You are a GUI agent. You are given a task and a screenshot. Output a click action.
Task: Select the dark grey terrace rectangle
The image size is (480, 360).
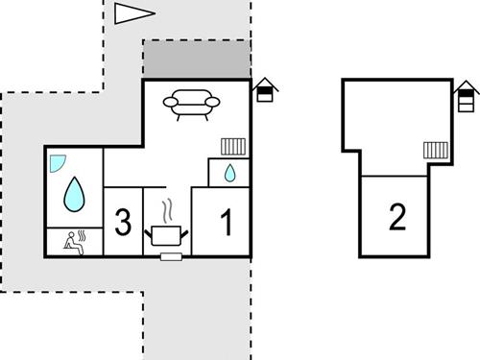(197, 60)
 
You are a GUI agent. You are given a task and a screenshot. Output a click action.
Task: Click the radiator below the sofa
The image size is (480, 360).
(234, 146)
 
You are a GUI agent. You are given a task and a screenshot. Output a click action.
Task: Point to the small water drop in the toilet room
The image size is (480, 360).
(229, 174)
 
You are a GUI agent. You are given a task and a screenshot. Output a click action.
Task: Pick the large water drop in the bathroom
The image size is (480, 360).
(74, 195)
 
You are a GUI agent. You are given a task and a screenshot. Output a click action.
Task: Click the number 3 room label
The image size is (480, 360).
(122, 223)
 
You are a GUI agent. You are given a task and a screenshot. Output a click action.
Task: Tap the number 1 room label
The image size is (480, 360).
(227, 224)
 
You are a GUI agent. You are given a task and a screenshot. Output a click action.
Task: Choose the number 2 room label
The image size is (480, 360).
(397, 217)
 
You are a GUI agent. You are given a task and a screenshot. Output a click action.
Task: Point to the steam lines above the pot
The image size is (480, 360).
(167, 210)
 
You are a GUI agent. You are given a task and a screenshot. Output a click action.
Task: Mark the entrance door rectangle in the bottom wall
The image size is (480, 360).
(173, 257)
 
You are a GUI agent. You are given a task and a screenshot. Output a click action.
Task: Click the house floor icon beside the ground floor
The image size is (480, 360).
(265, 90)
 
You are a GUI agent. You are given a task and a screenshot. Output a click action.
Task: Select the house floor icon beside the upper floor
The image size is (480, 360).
(467, 96)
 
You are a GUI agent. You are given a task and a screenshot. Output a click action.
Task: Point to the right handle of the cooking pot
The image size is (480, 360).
(185, 230)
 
